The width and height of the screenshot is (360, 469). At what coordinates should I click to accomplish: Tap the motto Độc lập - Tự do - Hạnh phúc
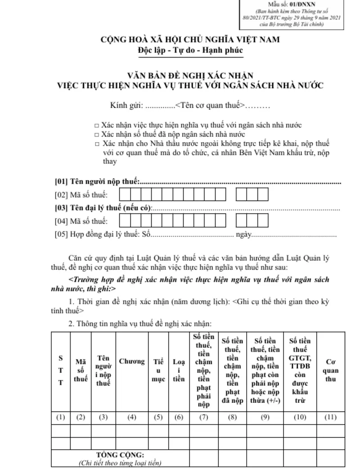[x=190, y=50]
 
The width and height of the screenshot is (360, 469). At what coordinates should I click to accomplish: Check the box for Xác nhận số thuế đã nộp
[x=97, y=134]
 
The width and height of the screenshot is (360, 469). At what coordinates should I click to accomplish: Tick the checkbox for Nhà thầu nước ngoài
[x=97, y=144]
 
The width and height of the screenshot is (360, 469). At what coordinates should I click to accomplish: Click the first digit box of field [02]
[x=124, y=194]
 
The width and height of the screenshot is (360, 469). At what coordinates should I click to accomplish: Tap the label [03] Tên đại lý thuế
[x=103, y=208]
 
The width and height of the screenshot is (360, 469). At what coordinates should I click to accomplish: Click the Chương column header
[x=132, y=361]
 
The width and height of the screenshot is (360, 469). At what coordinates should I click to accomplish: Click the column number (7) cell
[x=204, y=417]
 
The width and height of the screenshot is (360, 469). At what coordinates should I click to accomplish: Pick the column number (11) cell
[x=331, y=417]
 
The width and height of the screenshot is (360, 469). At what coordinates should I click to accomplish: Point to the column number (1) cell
[x=60, y=417]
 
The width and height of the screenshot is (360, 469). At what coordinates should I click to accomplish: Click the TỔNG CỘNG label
[x=120, y=455]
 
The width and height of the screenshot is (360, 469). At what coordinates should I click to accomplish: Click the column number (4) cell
[x=132, y=417]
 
